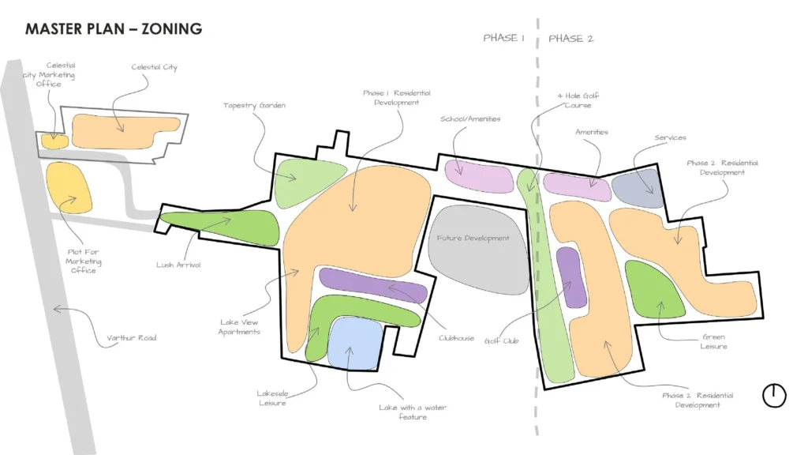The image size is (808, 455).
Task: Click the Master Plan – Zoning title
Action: click(x=114, y=29)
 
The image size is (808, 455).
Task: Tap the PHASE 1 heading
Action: click(x=504, y=38)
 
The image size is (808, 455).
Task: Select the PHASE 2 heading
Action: click(x=570, y=38)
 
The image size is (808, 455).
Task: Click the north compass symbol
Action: click(x=774, y=395)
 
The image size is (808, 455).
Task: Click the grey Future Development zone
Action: click(x=478, y=247)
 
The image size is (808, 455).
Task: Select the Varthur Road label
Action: click(x=132, y=338)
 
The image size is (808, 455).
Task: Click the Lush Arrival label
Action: click(x=178, y=265)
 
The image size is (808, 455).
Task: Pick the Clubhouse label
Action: click(x=457, y=338)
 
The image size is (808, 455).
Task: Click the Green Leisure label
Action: click(x=713, y=341)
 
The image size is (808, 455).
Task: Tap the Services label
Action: click(x=670, y=138)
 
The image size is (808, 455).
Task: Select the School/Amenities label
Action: click(x=470, y=119)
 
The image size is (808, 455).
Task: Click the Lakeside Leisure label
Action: click(x=271, y=397)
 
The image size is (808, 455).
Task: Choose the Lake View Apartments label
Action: click(x=240, y=327)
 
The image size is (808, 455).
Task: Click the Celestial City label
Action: click(x=154, y=67)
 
